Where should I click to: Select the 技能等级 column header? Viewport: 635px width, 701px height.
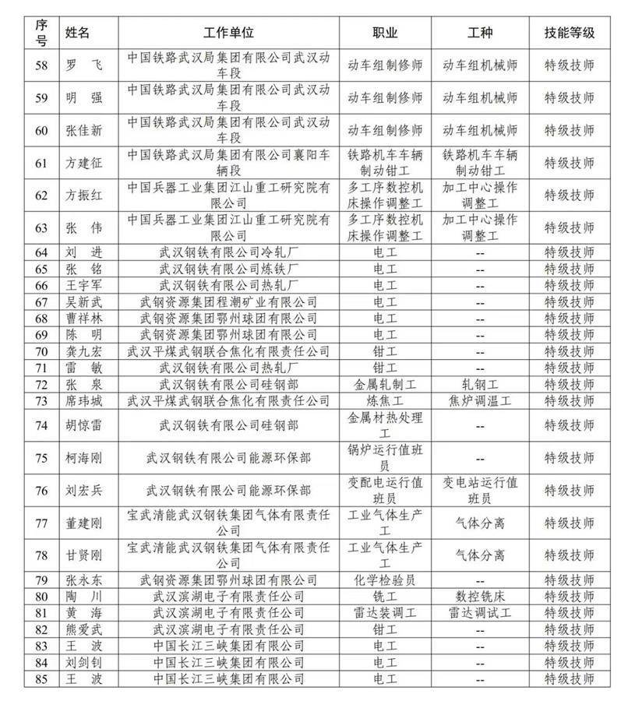point(569,33)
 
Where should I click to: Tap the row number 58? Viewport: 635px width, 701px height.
point(42,65)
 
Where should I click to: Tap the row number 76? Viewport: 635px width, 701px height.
point(42,490)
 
